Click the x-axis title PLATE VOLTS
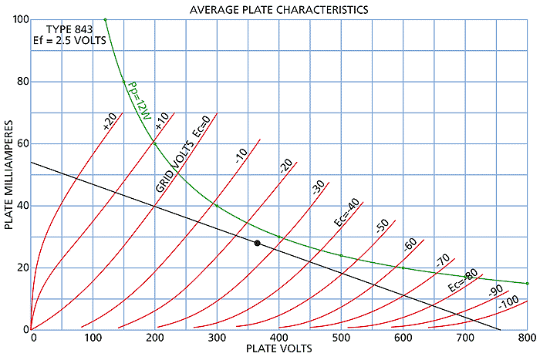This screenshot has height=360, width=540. point(279,349)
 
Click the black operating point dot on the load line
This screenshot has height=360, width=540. point(257,243)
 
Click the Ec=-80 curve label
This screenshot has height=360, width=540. point(461,283)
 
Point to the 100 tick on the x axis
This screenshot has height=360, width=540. point(93,338)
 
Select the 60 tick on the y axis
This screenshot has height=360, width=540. point(21,143)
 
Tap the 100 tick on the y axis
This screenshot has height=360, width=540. point(19,19)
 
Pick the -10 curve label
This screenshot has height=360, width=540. point(241,156)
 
